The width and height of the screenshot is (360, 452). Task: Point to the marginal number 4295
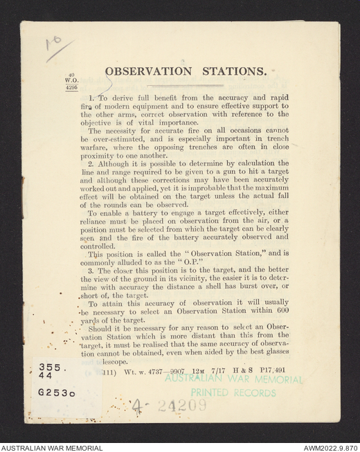pos(72,89)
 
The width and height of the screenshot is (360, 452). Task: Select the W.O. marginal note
pos(72,82)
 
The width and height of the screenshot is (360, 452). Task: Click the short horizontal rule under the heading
pos(184,85)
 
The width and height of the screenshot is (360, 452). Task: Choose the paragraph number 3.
pos(91,271)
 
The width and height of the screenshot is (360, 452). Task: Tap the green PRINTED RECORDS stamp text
pos(224,392)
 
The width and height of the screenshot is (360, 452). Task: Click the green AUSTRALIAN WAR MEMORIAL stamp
pos(233,379)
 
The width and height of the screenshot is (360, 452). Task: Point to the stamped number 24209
pos(181,406)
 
